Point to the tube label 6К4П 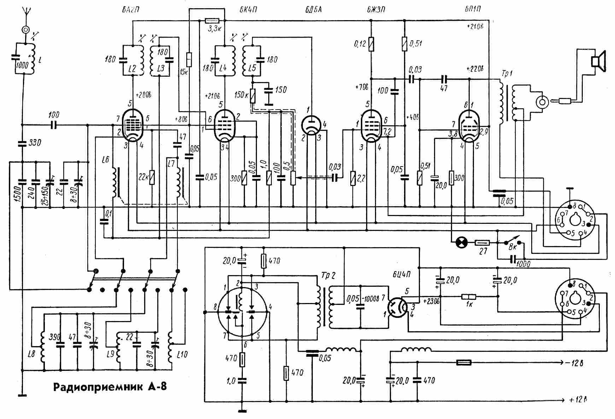(x=247, y=10)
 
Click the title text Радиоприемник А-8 (x=110, y=387)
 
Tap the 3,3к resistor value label (x=213, y=29)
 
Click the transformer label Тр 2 (x=328, y=276)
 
